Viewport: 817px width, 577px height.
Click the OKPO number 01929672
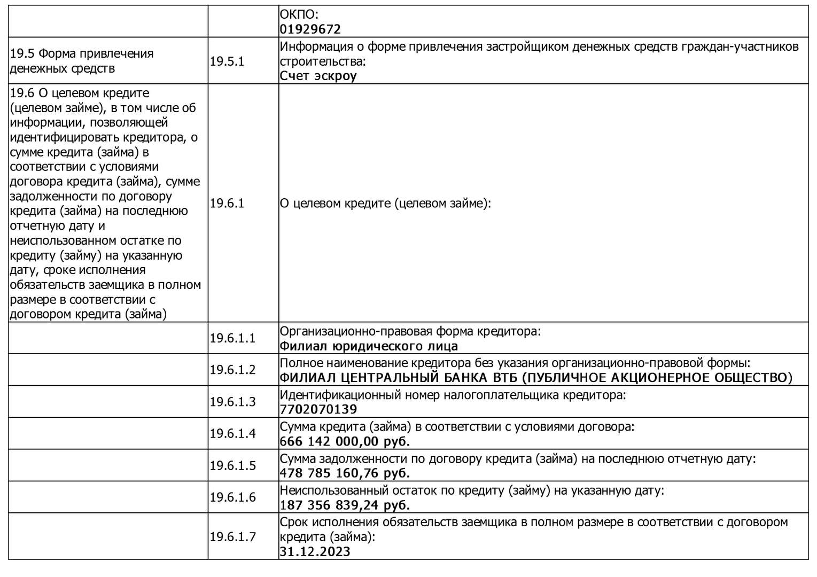[x=310, y=29]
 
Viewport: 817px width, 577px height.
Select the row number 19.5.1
[x=227, y=61]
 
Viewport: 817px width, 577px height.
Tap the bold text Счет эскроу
[x=318, y=76]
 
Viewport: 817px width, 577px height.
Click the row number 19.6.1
[x=227, y=204]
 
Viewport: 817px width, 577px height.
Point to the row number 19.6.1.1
[x=232, y=338]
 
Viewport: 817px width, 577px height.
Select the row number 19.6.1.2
[x=232, y=370]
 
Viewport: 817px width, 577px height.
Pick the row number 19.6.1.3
[x=232, y=402]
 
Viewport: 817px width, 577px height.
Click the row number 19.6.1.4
[x=232, y=433]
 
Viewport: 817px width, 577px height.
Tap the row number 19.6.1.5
[x=232, y=465]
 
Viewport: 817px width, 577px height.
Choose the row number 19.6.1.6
[x=232, y=497]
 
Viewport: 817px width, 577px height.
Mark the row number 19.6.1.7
[x=232, y=537]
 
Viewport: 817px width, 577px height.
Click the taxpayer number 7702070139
[x=318, y=410]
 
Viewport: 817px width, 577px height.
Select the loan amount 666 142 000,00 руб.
[x=345, y=442]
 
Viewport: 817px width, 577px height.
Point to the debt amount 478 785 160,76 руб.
[x=345, y=473]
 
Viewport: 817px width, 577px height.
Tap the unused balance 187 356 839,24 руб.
[x=345, y=505]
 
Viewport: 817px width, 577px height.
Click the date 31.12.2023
[x=315, y=552]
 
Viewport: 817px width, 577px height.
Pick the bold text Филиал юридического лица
[x=369, y=346]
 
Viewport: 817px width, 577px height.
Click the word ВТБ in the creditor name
[x=503, y=378]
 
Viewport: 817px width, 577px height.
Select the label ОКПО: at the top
[x=299, y=15]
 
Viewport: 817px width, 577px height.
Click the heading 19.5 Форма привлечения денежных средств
[x=82, y=61]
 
